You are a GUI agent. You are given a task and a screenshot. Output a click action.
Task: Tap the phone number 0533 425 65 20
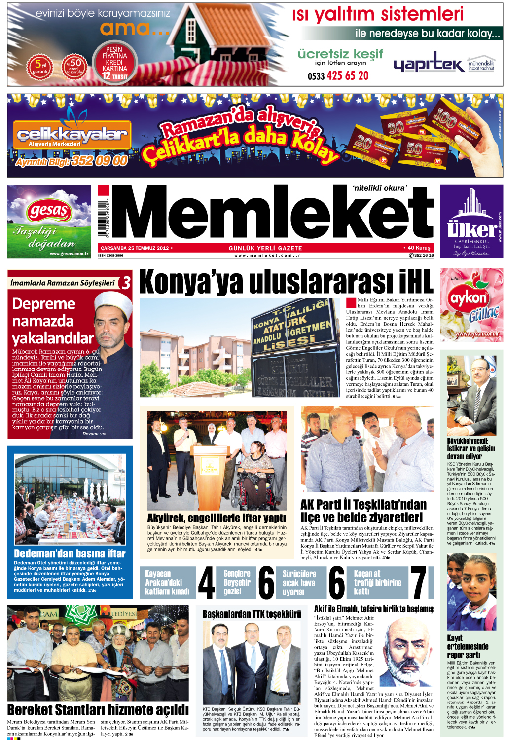338,75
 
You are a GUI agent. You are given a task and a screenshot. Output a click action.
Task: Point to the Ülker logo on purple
471,229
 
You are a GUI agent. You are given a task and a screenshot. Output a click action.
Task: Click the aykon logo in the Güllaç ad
468,298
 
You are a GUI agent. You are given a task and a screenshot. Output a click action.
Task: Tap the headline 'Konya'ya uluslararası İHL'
286,282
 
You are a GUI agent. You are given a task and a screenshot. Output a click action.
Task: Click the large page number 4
206,583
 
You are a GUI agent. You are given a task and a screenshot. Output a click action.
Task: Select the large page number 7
419,583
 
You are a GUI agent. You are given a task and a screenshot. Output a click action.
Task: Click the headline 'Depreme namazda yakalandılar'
53,321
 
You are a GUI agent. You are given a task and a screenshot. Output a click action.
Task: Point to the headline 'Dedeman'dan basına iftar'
70,554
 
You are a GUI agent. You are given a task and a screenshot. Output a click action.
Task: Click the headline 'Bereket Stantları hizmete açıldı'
98,710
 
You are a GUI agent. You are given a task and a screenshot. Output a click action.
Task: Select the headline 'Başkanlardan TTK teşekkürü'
252,614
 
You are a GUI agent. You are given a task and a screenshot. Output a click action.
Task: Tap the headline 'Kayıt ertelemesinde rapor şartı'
468,646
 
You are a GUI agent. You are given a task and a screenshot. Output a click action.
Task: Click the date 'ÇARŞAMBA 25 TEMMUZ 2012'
135,248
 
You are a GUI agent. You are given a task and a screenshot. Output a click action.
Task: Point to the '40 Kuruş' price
418,248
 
